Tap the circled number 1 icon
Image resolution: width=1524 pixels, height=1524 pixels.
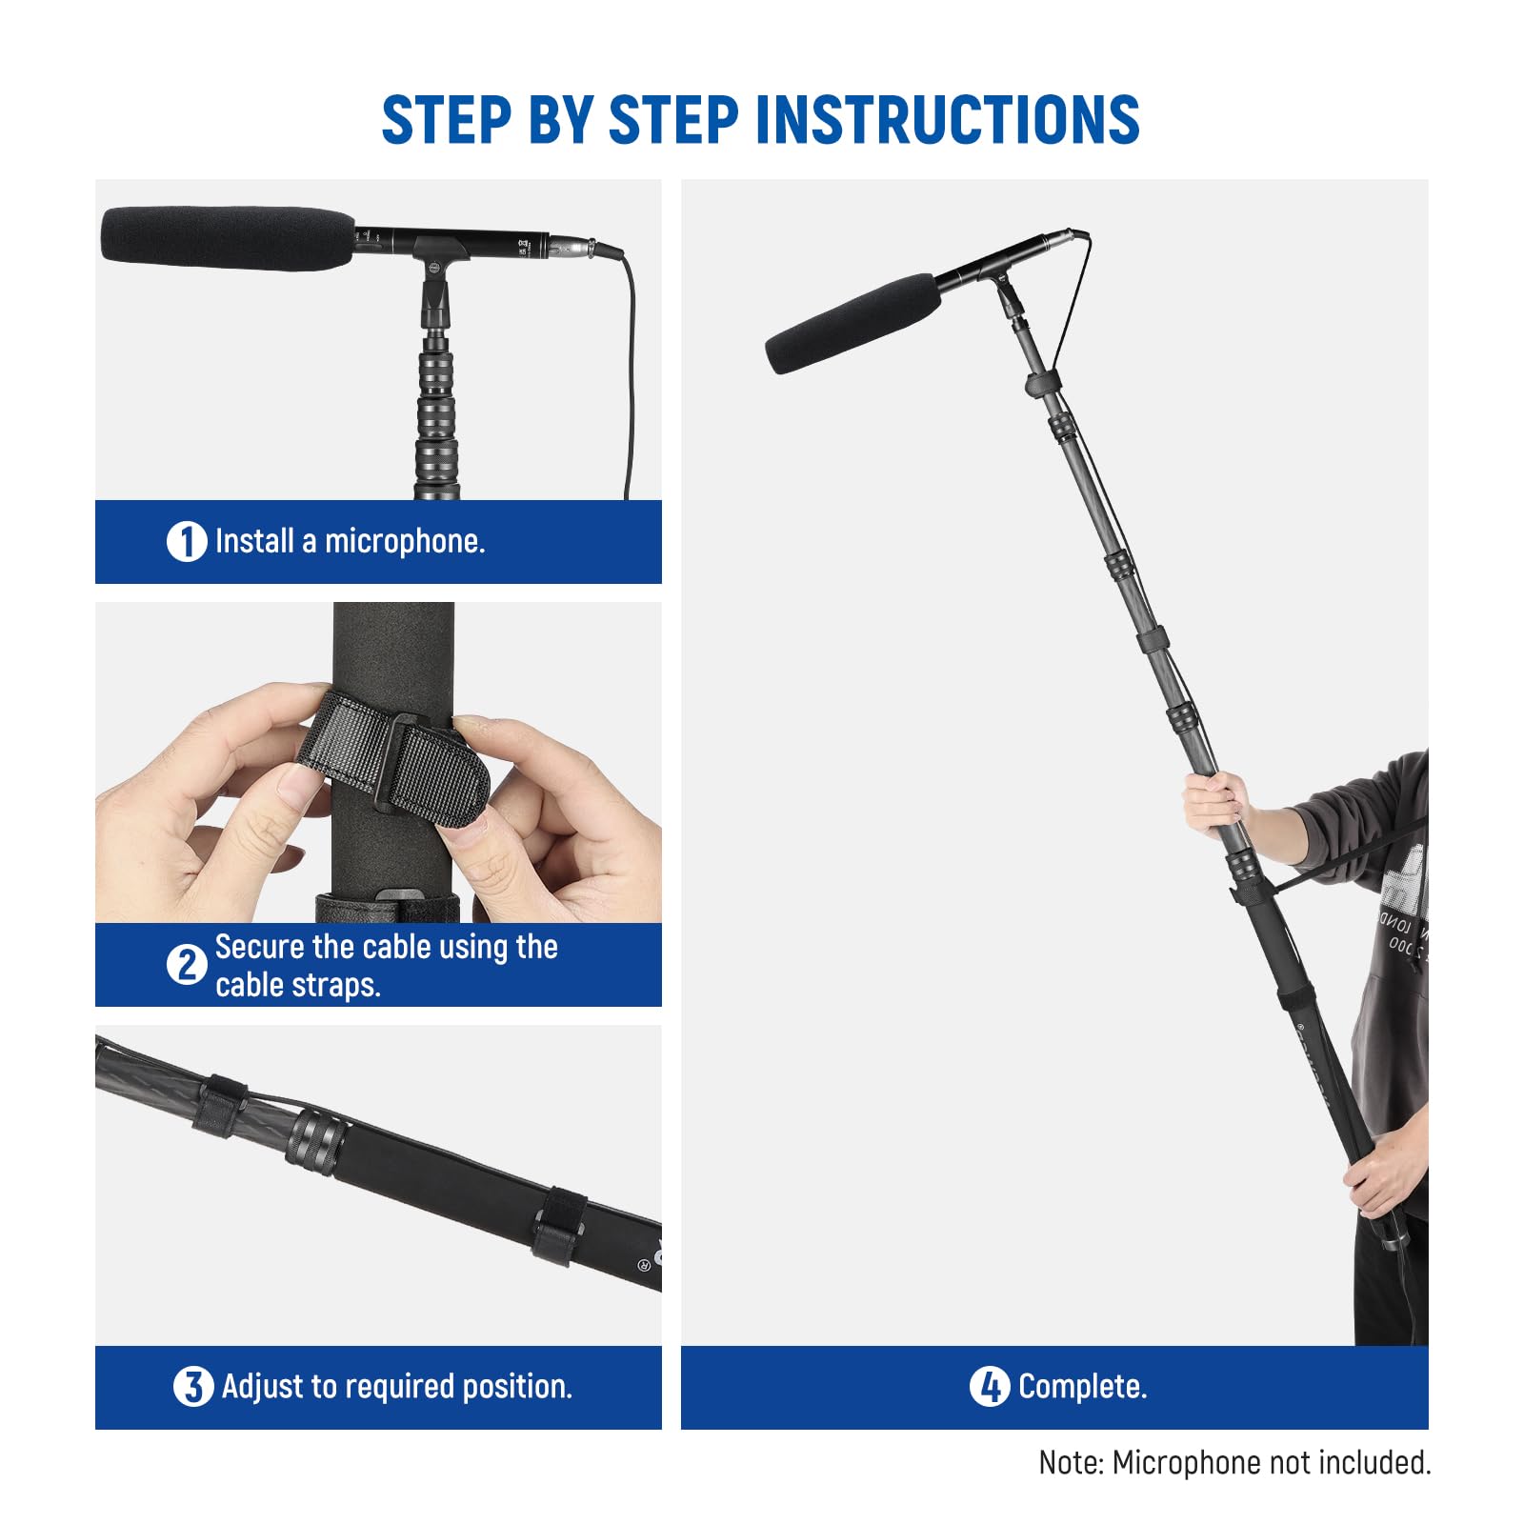187,542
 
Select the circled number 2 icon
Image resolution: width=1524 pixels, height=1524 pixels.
187,965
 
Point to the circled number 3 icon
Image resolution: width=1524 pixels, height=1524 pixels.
192,1387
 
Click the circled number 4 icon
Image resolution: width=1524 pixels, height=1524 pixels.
989,1387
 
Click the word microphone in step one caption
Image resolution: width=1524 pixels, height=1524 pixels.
404,542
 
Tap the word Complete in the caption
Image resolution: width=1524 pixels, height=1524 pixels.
1081,1387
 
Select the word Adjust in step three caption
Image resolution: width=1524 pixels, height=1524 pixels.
260,1387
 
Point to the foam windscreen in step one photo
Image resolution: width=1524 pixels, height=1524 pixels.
227,237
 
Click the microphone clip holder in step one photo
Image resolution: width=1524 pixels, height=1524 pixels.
436,286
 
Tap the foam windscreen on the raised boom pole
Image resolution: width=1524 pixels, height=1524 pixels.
852,324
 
